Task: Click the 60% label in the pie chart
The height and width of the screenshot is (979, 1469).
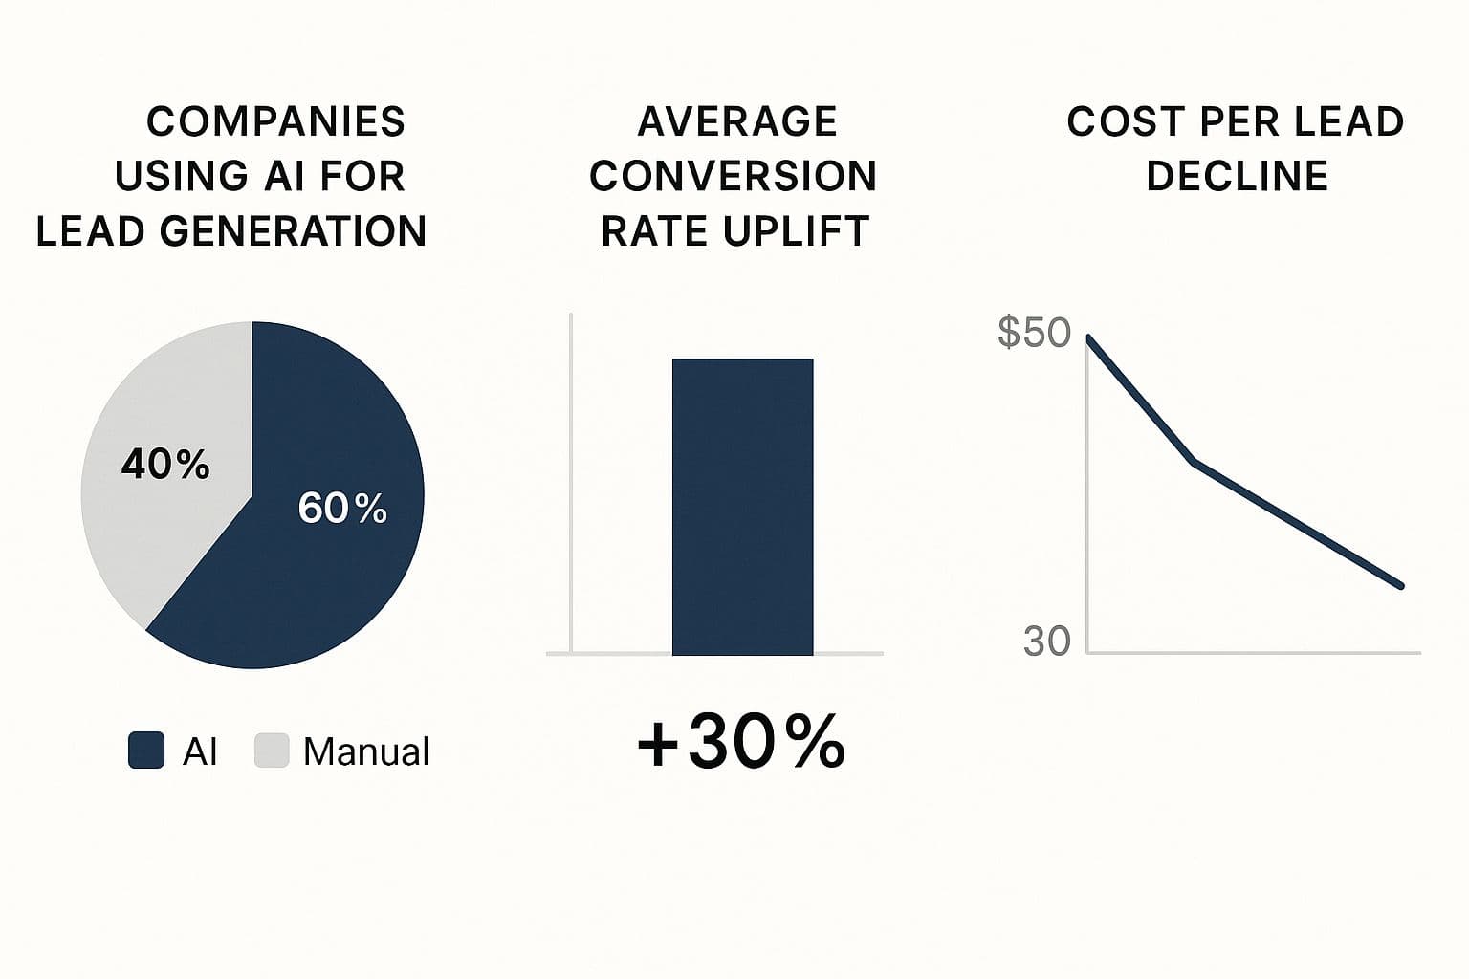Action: [342, 508]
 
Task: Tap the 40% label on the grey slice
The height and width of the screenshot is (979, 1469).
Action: [164, 465]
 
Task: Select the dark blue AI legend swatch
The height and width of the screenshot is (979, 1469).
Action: [146, 751]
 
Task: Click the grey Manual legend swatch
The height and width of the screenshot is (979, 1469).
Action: [272, 751]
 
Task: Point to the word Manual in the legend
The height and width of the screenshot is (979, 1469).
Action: [365, 752]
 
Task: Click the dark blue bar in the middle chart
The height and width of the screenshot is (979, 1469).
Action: [742, 507]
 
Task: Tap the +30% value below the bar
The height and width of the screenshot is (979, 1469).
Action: [741, 743]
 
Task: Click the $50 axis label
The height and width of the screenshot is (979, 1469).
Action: [1034, 333]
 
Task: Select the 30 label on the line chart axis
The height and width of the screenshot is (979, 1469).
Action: [1046, 642]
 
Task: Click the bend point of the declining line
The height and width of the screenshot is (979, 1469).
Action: [1193, 462]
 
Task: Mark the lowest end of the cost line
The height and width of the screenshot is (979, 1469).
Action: [1400, 586]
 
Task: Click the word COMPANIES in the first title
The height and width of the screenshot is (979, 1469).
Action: [275, 122]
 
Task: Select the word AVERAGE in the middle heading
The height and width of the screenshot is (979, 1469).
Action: [737, 122]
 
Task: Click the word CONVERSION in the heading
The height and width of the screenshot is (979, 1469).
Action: [734, 177]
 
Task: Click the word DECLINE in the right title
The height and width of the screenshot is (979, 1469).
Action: [1237, 177]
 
